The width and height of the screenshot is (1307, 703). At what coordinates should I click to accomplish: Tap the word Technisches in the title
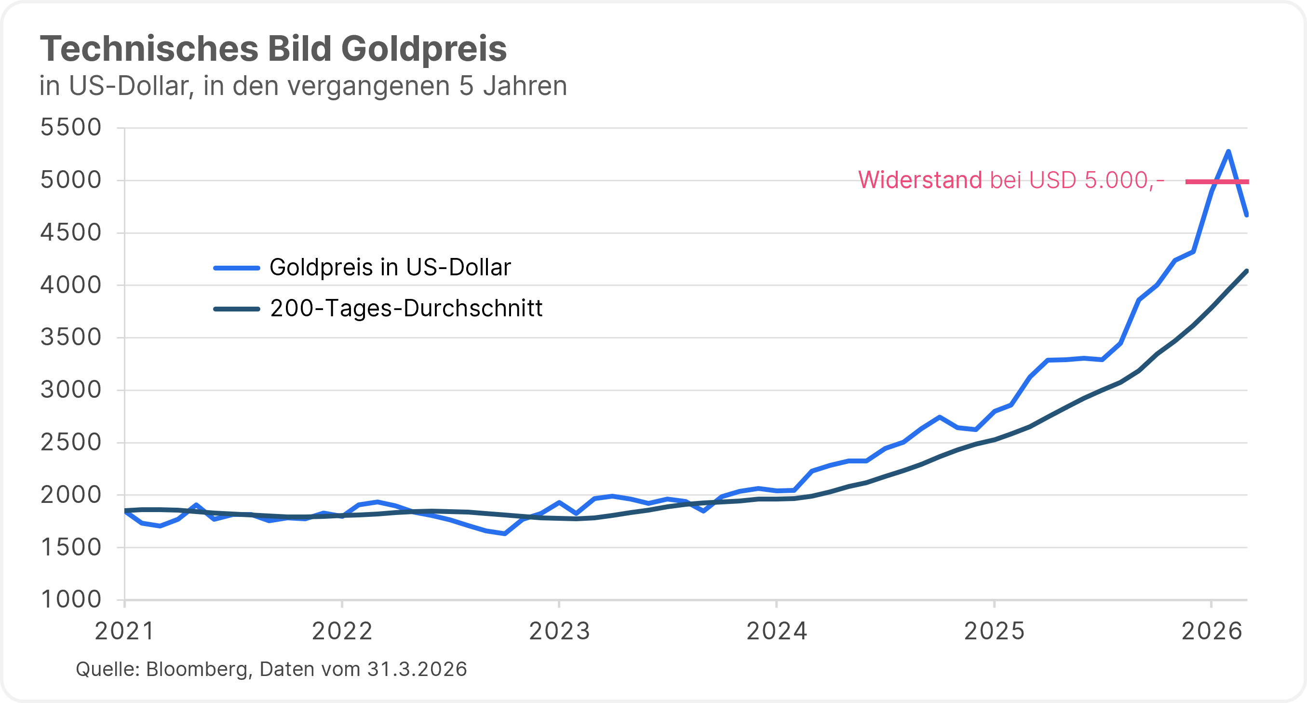149,49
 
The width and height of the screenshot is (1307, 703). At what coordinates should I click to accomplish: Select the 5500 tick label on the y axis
71,127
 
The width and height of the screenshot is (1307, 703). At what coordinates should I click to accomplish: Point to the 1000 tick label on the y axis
71,599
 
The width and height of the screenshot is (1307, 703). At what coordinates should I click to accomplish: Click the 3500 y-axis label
71,338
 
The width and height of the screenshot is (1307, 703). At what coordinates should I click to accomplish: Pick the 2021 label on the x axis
125,632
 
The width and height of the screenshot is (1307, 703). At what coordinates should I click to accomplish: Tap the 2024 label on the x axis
777,632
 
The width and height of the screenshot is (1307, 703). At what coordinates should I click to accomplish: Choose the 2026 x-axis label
1212,632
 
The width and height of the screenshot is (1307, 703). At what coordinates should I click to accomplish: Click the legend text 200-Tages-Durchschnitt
406,308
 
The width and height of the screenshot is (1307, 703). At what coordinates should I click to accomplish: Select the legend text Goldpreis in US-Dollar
390,268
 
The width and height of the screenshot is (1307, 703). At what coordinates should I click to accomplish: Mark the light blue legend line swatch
237,268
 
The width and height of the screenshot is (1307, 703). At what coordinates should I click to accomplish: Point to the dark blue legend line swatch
237,309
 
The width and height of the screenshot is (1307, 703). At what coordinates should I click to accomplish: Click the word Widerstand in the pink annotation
920,180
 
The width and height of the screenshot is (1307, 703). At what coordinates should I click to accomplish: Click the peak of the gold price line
1228,151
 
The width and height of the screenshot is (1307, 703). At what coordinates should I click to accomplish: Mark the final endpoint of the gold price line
1247,215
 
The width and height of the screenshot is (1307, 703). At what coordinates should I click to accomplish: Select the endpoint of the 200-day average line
1247,271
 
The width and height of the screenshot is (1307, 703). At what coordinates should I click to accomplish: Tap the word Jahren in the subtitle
525,86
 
